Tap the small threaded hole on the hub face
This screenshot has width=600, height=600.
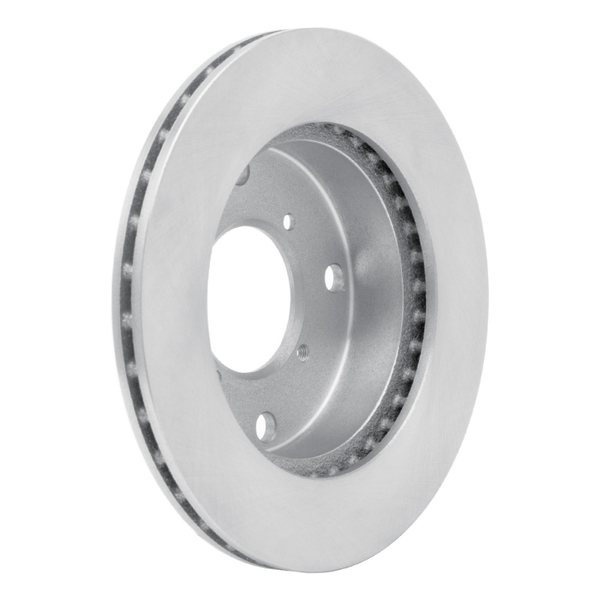click(x=302, y=350)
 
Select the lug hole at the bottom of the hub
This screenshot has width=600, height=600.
click(x=265, y=427)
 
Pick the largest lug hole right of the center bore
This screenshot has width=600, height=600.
click(x=334, y=277)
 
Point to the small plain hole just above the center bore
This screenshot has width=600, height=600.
click(x=289, y=221)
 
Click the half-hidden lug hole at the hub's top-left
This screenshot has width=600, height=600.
click(x=243, y=174)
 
